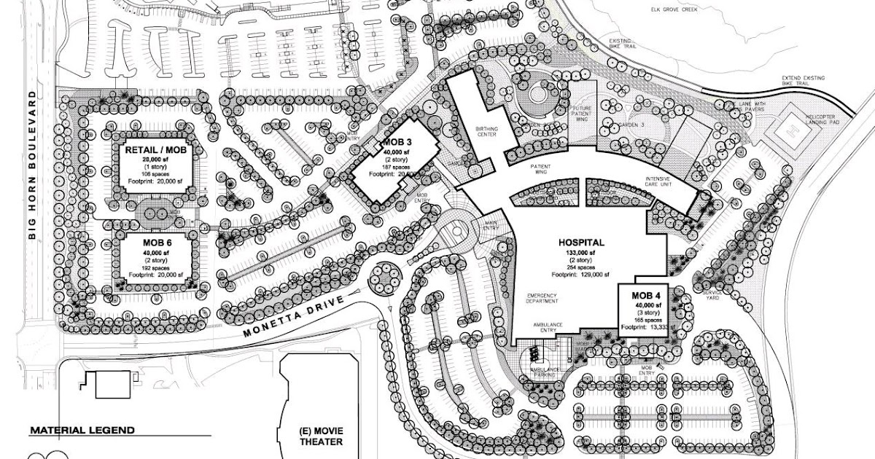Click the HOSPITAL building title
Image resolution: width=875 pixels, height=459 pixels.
tap(581, 241)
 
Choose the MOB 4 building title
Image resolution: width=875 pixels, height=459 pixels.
tap(640, 296)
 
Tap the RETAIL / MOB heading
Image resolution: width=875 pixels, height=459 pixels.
tap(156, 149)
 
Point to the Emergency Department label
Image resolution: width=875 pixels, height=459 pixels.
tap(542, 298)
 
